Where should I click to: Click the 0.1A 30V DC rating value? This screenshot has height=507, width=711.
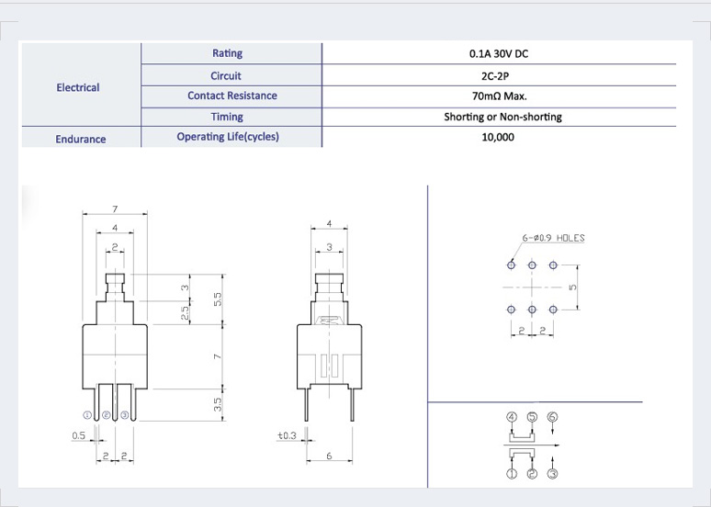tap(498, 53)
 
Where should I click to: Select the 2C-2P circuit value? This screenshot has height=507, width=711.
tap(495, 75)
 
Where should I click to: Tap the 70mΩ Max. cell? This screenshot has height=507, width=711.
tap(499, 96)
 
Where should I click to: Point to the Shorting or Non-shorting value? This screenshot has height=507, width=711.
tap(502, 117)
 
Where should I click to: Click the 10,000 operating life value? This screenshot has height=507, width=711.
tap(498, 137)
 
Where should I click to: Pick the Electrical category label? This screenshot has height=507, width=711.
tap(78, 87)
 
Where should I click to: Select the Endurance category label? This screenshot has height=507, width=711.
tap(81, 140)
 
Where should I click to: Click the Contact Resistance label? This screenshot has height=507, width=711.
tap(232, 96)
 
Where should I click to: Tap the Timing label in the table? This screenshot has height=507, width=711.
tap(227, 117)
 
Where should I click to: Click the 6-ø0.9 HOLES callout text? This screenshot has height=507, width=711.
tap(553, 238)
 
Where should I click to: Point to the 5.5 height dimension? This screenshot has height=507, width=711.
tap(218, 299)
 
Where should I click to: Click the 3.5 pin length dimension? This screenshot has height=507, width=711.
tap(218, 404)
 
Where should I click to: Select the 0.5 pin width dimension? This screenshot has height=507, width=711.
tap(78, 435)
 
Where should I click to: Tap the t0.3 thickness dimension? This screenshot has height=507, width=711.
tap(287, 435)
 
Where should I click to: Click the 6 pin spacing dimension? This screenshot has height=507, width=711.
tap(329, 456)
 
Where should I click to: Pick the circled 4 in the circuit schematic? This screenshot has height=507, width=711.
tap(512, 417)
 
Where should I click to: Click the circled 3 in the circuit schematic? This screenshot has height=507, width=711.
tap(552, 474)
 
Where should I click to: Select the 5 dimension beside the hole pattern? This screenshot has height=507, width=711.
tap(572, 287)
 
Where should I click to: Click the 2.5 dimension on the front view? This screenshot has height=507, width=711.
tap(185, 313)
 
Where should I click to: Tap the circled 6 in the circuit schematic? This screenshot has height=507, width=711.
tap(552, 417)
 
